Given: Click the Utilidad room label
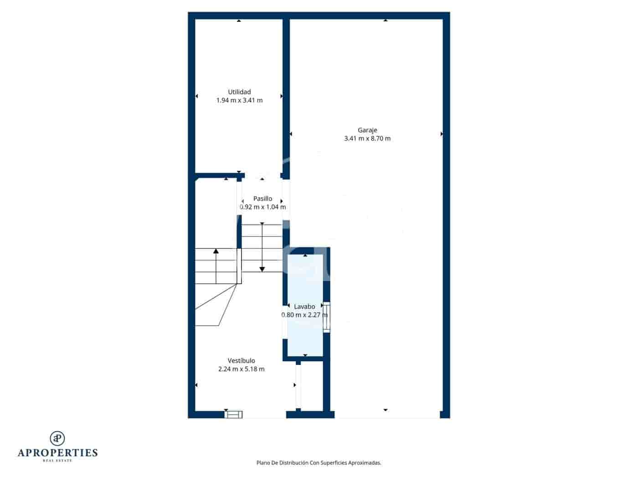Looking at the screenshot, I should (x=239, y=92).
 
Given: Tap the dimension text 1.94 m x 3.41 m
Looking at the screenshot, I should (x=239, y=100).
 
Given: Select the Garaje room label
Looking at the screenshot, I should (x=367, y=130).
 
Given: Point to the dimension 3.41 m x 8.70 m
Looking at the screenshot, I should (x=367, y=139).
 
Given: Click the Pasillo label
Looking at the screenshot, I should (x=262, y=199).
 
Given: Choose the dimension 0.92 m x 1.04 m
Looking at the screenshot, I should (x=262, y=207).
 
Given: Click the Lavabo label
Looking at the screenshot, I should (x=304, y=307).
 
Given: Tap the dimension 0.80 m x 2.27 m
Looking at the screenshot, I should (x=304, y=315).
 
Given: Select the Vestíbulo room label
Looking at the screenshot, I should (x=241, y=361).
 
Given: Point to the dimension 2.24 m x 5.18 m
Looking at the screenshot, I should (x=241, y=369).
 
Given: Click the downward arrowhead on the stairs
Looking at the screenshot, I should (x=262, y=269).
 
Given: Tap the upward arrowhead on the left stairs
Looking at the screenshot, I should (x=216, y=250).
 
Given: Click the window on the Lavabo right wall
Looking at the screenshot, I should (x=326, y=317).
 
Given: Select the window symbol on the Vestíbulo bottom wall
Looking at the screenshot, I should (x=234, y=414).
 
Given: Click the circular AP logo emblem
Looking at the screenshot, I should (x=57, y=438).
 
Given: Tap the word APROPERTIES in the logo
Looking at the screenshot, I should (x=57, y=453).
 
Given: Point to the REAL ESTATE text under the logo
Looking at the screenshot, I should (x=57, y=461).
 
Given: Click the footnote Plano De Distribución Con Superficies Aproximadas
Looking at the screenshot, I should (x=319, y=463).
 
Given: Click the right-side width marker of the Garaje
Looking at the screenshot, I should (x=442, y=134).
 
